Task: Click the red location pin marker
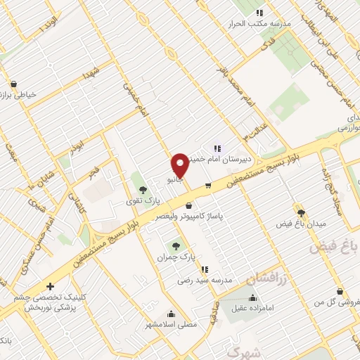tap(180, 165)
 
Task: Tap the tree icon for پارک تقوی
tap(143, 189)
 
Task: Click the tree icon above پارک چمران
tap(176, 245)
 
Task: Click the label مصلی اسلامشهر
tap(171, 325)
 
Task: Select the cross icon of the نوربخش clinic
tap(49, 286)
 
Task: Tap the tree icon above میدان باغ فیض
tap(301, 212)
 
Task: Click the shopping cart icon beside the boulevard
tap(208, 186)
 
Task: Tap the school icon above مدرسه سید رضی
tap(204, 269)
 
